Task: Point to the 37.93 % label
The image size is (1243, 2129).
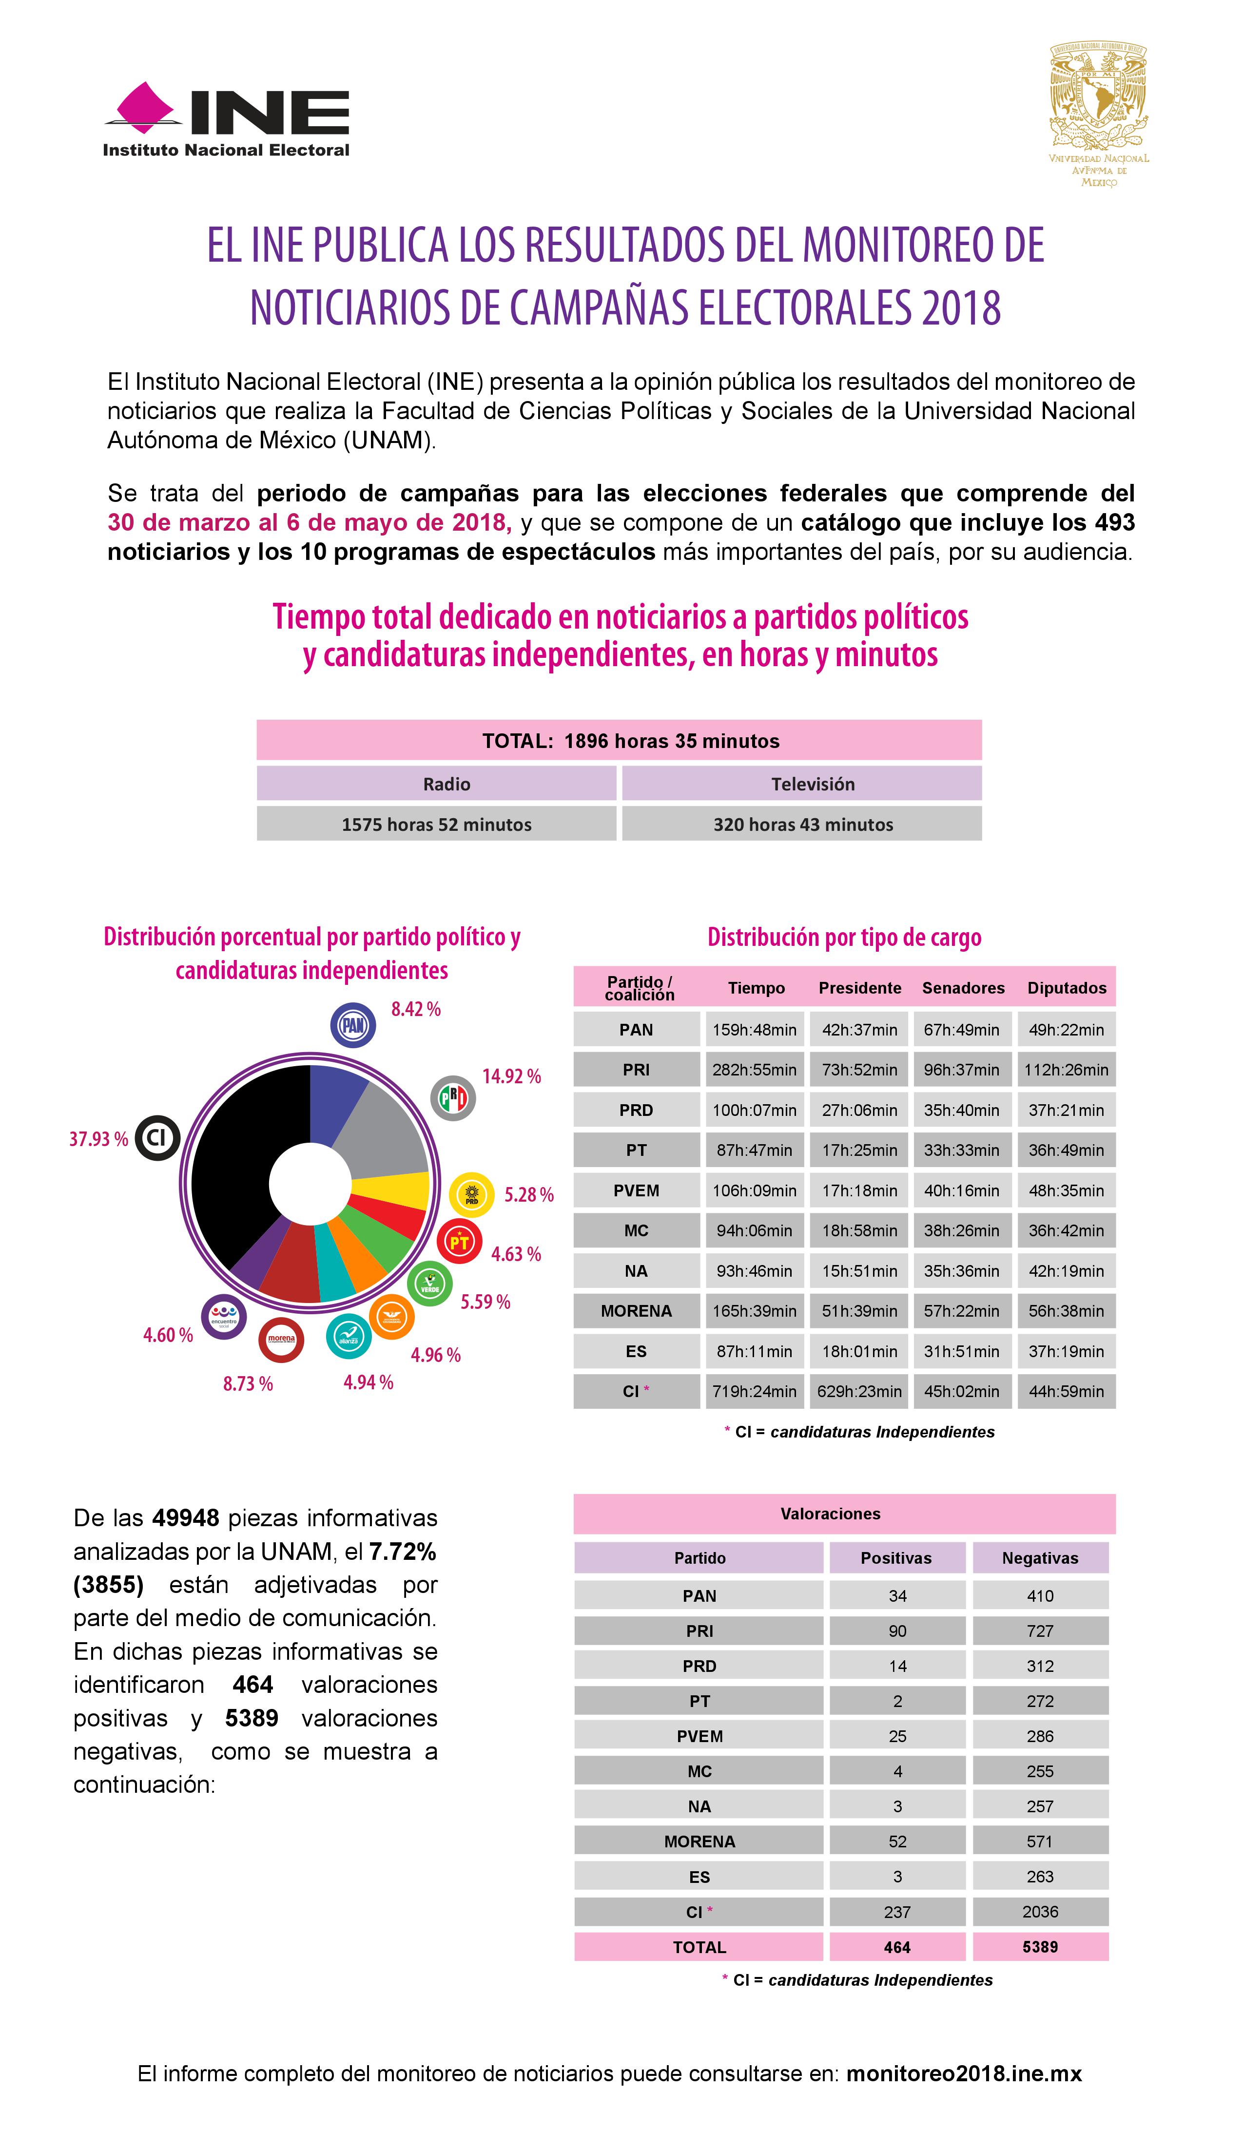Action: pos(98,1139)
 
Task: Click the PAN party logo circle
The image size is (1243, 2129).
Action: pos(352,1025)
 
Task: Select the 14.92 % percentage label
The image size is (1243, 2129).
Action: pos(511,1076)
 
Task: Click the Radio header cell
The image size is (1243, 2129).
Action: pos(446,784)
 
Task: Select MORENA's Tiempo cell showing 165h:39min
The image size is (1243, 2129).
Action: pos(754,1311)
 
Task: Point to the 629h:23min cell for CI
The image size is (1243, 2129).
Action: pos(858,1391)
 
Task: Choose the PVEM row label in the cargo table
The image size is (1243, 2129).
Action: pos(636,1190)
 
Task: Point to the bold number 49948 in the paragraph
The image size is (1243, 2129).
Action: pos(186,1518)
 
